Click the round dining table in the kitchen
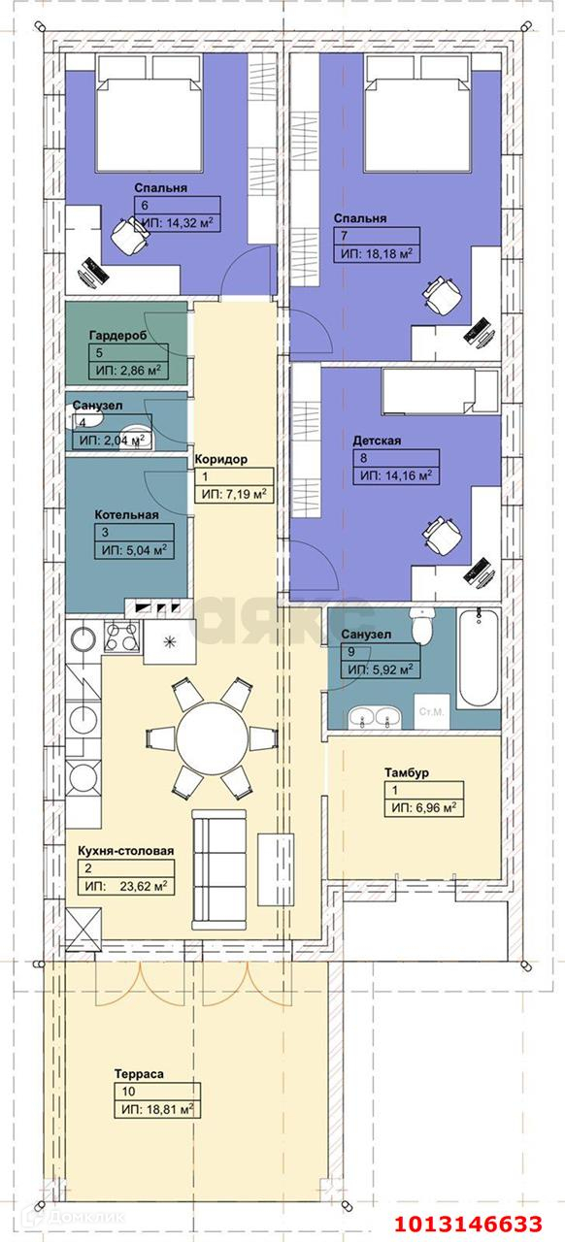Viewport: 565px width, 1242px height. point(212,738)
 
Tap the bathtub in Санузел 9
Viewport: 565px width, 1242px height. point(479,658)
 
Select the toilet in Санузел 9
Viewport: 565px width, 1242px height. point(421,626)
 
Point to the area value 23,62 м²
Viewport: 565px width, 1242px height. point(144,886)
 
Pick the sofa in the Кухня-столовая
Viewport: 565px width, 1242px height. point(218,869)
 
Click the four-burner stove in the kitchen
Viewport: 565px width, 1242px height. point(122,636)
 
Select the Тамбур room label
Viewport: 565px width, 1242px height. point(407,772)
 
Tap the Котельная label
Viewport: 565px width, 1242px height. point(126,514)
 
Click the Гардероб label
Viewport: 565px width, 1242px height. point(117,336)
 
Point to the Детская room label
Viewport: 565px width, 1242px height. point(377,441)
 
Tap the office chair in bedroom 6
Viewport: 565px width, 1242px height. point(130,235)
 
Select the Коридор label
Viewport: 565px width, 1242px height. point(221,459)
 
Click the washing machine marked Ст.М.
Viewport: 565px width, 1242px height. point(431,711)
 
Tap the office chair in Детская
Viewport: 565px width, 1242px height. point(443,535)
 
